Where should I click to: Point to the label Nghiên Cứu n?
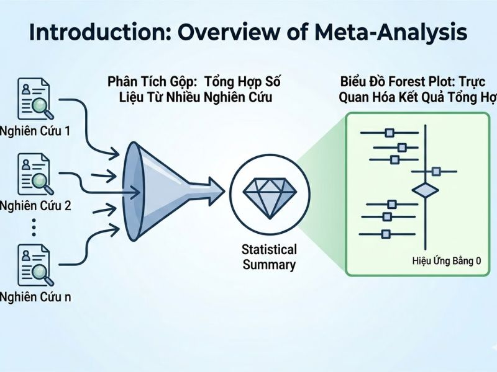tap(35, 296)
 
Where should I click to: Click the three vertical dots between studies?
tap(34, 228)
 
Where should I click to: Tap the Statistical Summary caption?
tap(269, 257)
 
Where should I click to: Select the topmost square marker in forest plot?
tap(390, 132)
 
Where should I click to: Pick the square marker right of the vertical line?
tap(437, 171)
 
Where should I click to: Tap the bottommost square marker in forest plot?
tap(386, 234)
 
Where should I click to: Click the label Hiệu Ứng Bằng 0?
tap(447, 261)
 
